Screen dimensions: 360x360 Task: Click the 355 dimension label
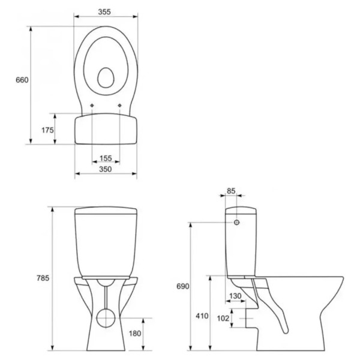tap(104, 12)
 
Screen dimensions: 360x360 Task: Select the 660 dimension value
tap(22, 80)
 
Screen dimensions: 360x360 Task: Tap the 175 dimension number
tap(47, 130)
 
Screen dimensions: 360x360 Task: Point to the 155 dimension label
tap(106, 158)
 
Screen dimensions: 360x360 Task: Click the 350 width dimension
tap(106, 169)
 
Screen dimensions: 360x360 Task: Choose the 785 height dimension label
tap(43, 278)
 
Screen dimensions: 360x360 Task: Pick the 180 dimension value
tap(135, 334)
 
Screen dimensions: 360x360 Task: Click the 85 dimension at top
tap(231, 191)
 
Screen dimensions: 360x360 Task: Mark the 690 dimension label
tap(183, 286)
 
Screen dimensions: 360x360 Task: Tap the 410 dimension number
tap(202, 316)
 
